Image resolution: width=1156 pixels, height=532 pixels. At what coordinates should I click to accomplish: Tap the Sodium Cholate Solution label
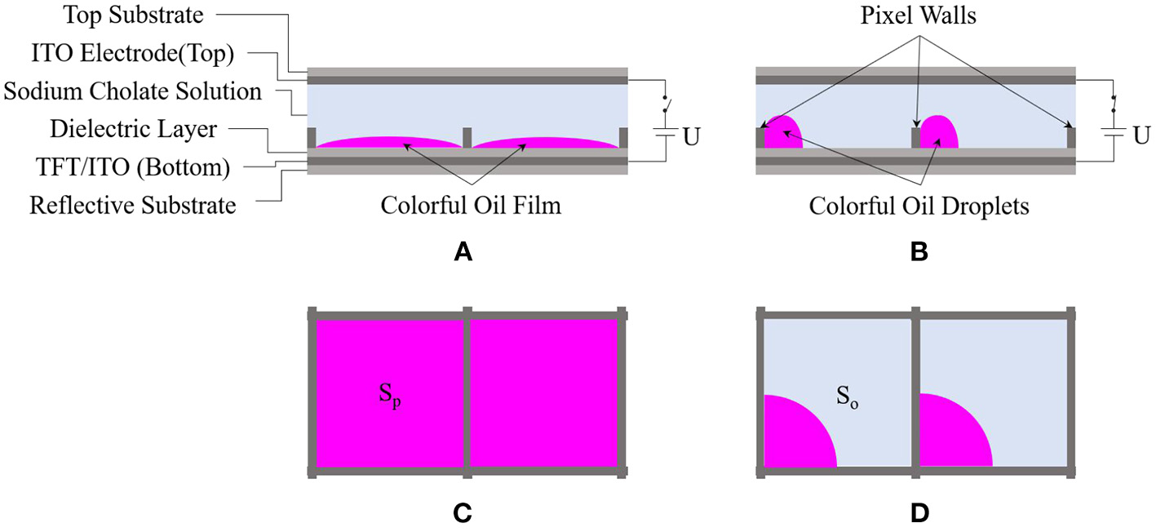[132, 91]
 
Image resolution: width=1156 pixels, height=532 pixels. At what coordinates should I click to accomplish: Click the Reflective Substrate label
[132, 205]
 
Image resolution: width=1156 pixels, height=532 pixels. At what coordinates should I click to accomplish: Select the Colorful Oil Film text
[471, 205]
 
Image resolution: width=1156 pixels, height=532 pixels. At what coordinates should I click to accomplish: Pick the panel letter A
[463, 254]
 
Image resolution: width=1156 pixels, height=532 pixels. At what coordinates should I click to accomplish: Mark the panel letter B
[917, 254]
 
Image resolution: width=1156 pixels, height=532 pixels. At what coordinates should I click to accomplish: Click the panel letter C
[463, 514]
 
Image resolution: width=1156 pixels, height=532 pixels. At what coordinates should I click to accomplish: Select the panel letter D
[917, 514]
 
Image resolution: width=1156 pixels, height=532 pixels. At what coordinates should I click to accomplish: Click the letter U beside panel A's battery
[691, 136]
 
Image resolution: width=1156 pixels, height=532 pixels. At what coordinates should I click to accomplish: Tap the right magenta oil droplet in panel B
[939, 132]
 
